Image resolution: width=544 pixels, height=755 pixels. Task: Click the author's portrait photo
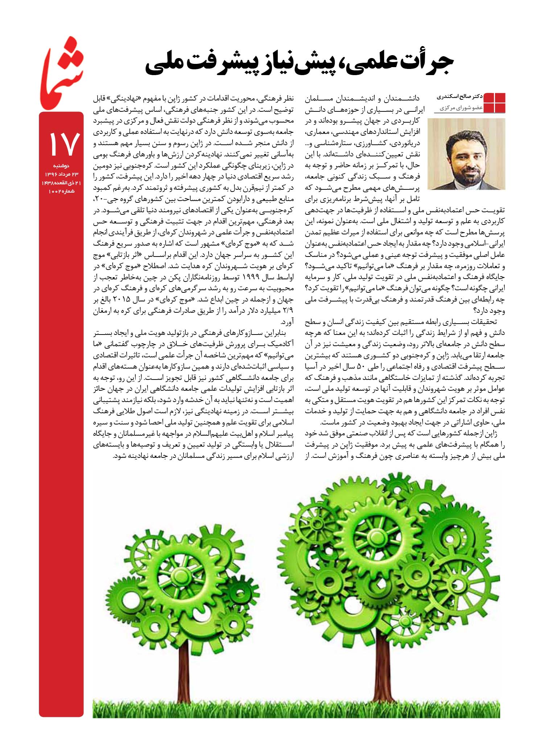coord(466,154)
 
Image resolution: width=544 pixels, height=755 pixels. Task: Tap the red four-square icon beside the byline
coord(495,103)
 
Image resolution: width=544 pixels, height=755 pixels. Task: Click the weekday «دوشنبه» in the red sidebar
coord(61,166)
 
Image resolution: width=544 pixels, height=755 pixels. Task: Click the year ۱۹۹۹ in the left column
coord(250,277)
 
